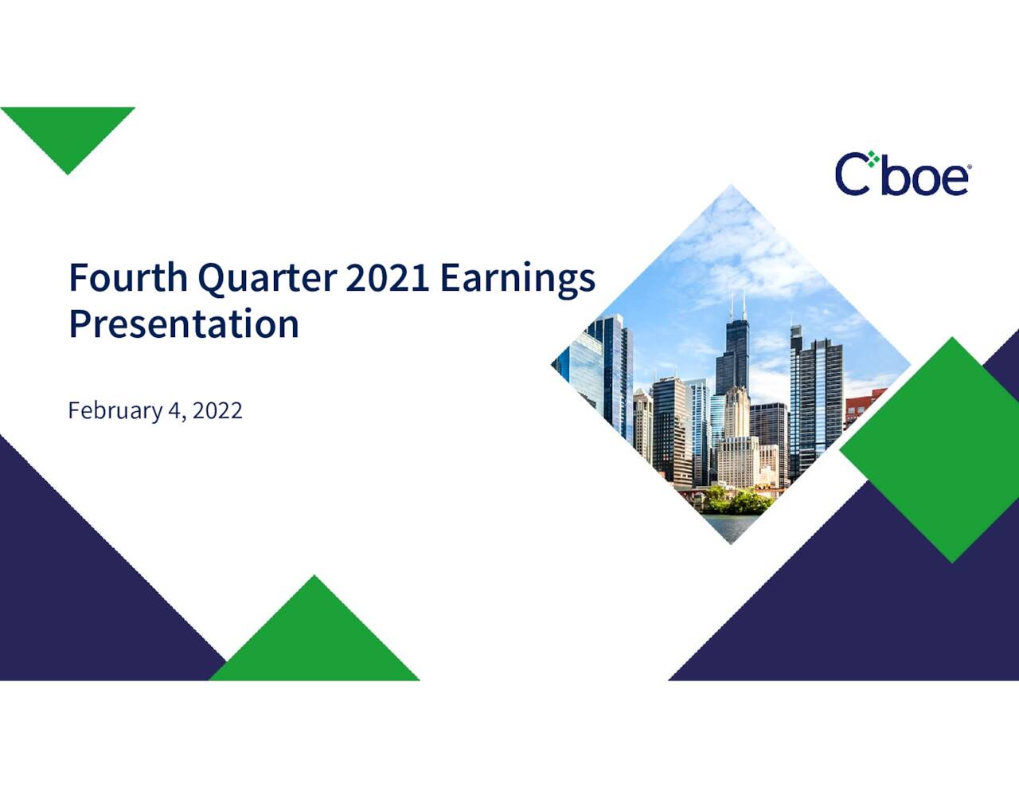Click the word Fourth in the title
pos(128,277)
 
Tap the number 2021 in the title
pos(388,277)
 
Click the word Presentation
pos(184,324)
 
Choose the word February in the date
pos(115,410)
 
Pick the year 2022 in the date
pos(217,410)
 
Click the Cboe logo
pos(903,174)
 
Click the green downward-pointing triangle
pos(68,131)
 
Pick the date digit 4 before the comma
pos(174,410)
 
